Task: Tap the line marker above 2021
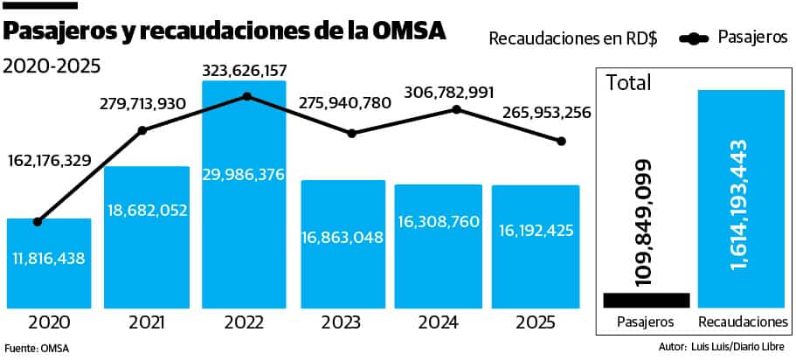pos(142,130)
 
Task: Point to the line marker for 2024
pos(456,109)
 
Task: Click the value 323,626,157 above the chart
pos(244,69)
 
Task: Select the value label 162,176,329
pos(49,161)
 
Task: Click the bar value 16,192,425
pos(535,232)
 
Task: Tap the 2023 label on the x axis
pos(341,323)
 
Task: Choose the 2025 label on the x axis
pos(535,323)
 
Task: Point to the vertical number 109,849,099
pos(645,224)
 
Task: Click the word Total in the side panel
pos(629,83)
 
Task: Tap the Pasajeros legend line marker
pos(696,38)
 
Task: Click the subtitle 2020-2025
pos(52,66)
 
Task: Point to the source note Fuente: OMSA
pos(37,348)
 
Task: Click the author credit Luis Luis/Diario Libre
pos(743,347)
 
